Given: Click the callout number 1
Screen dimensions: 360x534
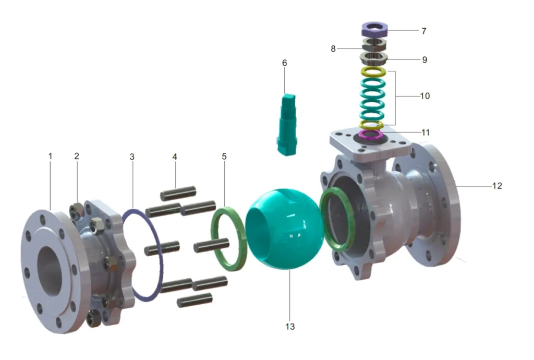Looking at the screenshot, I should click(x=51, y=155).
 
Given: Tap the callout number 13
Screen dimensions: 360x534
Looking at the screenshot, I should click(x=290, y=327).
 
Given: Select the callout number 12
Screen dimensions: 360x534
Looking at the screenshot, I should click(x=496, y=185).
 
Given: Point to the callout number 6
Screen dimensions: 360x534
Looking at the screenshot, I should click(x=284, y=63).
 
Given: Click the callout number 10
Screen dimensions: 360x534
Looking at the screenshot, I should click(x=424, y=96).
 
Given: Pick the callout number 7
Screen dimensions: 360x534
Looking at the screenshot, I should click(x=424, y=31).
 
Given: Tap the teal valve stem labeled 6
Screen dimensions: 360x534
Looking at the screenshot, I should click(x=286, y=125).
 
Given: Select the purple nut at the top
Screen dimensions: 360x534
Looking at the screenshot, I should click(x=374, y=28).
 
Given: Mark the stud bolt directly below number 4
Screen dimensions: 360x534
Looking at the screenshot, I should click(x=178, y=195).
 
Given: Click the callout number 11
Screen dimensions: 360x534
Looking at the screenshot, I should click(x=426, y=133).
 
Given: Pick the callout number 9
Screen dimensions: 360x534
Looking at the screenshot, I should click(x=424, y=59).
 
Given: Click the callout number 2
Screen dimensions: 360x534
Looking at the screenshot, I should click(x=77, y=155).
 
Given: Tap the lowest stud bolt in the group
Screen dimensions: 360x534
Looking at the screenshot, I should click(x=194, y=300).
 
